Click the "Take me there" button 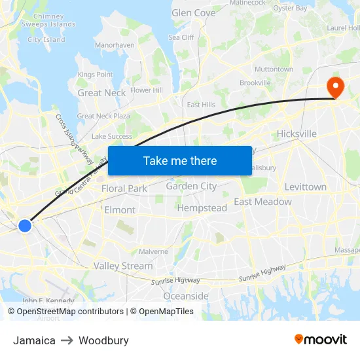179,160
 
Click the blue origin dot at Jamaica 25,226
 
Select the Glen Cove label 193,12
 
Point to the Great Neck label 101,93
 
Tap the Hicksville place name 297,134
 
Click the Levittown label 305,187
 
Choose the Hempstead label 202,208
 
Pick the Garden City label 191,186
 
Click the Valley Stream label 123,266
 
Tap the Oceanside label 185,296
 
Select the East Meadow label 262,202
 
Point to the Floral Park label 124,189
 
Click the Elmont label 120,210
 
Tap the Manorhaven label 115,45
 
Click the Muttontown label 274,69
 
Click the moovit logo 321,339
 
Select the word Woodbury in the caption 103,340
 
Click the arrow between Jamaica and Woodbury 67,340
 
